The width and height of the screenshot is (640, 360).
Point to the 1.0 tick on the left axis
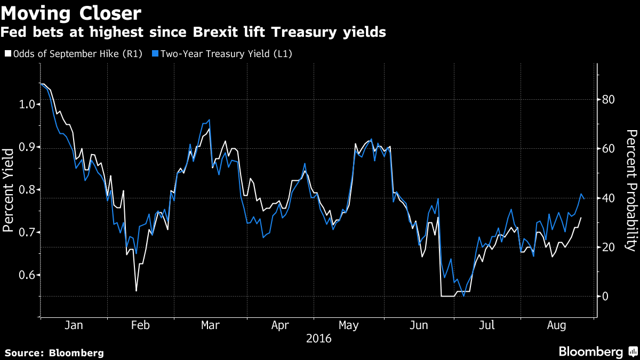27,104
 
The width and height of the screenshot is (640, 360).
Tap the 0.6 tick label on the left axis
27,275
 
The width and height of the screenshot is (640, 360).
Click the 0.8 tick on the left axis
27,190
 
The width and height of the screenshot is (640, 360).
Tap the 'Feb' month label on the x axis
140,325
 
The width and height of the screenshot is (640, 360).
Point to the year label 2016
318,339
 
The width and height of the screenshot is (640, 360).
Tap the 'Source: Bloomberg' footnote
54,353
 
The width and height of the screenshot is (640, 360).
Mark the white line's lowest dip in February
136,291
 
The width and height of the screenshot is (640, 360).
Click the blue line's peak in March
209,120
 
